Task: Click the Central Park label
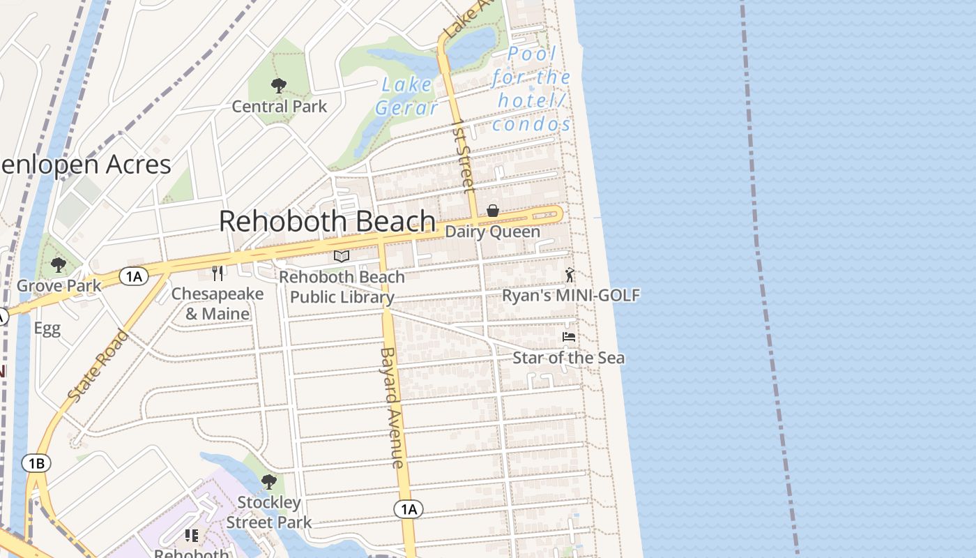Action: pos(279,107)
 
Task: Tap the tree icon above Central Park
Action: pos(279,86)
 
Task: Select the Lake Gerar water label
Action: pos(407,96)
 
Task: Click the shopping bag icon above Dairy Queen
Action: pos(492,211)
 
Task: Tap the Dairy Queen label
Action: pos(492,232)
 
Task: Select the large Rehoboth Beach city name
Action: pos(327,221)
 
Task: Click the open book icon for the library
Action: pos(342,257)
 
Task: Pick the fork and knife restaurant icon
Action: pos(218,273)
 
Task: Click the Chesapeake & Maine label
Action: pos(218,303)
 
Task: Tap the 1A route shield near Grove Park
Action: pos(133,277)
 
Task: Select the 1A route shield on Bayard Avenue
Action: pos(409,509)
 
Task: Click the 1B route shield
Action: pos(36,463)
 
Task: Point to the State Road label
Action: pos(99,365)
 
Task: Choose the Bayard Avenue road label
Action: pos(392,407)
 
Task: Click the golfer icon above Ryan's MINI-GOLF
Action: pos(570,275)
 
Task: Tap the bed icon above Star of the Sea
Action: pos(569,337)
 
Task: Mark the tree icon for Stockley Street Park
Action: pos(268,482)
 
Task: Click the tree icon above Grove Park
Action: pos(59,265)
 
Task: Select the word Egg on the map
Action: pos(47,329)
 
